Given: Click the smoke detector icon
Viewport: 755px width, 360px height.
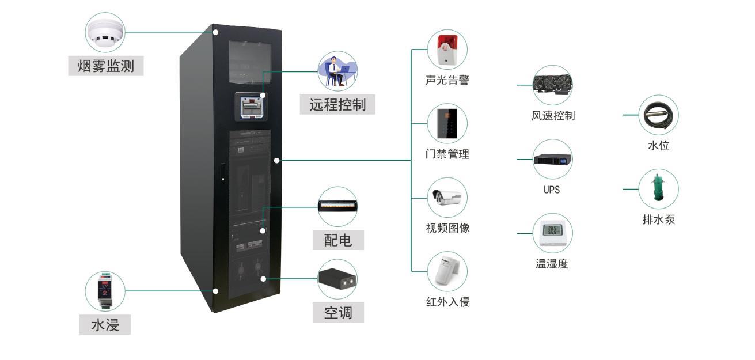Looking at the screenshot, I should point(105,33).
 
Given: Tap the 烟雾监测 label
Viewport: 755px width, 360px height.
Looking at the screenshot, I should point(105,66).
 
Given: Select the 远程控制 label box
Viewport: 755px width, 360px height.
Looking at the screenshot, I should point(337,104).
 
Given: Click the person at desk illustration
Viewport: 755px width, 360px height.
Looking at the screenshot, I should point(338,71).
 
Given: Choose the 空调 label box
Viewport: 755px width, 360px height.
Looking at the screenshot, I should point(338,313).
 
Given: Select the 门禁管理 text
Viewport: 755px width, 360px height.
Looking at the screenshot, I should point(447,154).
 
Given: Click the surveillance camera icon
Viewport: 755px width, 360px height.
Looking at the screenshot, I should point(447,198).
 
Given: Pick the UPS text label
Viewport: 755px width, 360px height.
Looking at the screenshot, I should point(552,190).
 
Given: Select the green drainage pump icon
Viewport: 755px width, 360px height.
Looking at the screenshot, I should point(659,188).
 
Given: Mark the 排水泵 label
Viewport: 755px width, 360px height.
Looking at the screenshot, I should point(659,219).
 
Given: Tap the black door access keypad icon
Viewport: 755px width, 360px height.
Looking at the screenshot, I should point(447,123).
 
